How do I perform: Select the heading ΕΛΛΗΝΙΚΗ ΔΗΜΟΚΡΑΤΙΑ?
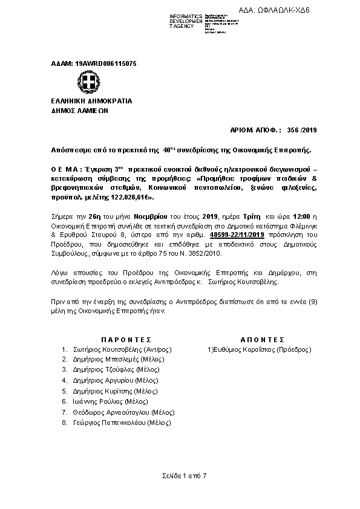coord(91,101)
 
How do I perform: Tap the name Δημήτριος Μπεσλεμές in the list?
coord(106,359)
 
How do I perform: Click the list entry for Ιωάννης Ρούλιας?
coord(101,401)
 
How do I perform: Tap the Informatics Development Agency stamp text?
coord(187,21)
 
